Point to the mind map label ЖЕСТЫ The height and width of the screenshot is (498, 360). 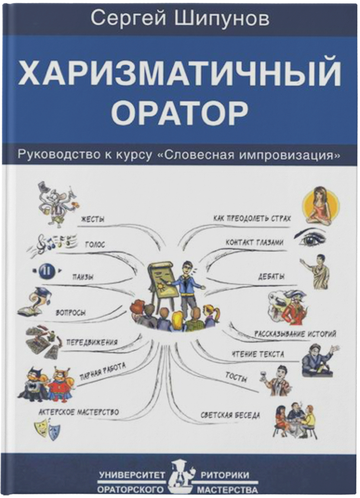click(x=92, y=219)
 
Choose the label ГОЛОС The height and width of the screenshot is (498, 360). click(x=95, y=245)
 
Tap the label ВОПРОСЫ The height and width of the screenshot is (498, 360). click(x=70, y=312)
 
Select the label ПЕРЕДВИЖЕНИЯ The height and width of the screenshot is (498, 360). click(x=92, y=342)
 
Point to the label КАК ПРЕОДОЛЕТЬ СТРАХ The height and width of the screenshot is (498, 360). click(x=252, y=218)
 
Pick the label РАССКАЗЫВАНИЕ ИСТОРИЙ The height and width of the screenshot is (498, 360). click(x=295, y=334)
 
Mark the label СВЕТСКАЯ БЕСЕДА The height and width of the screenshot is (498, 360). click(x=230, y=416)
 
